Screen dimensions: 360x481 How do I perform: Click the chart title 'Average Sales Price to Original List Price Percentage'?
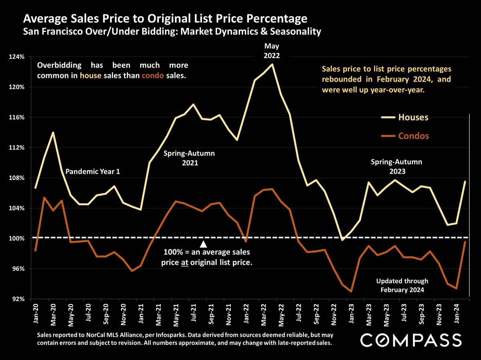165,18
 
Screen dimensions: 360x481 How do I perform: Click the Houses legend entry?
413,117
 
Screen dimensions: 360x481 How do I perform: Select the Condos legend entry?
413,136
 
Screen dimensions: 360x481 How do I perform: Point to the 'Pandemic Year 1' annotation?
93,172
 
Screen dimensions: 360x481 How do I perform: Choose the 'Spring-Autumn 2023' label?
396,166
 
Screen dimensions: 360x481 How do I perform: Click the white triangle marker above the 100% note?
203,244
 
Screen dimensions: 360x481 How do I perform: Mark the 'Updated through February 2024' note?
402,285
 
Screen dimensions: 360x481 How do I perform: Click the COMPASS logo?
410,340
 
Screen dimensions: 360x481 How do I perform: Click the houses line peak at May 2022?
272,64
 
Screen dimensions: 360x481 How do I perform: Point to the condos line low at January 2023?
351,292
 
